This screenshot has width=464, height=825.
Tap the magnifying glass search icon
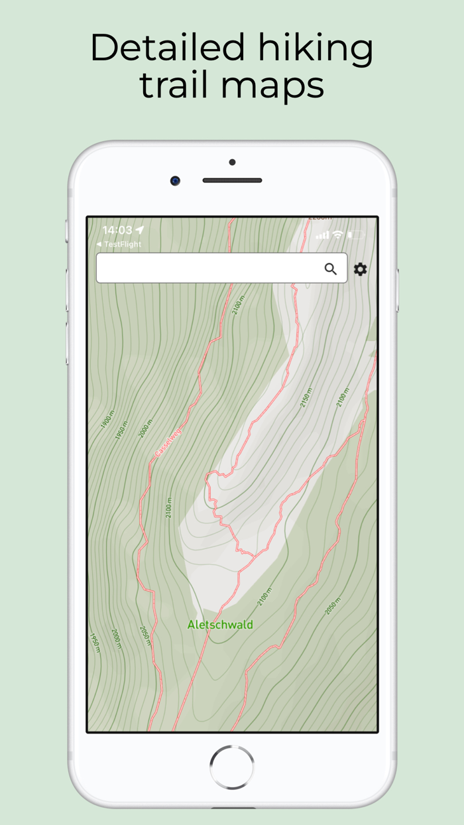click(x=330, y=269)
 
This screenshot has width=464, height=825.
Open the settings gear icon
click(x=360, y=269)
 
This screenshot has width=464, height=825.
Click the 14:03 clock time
click(x=117, y=230)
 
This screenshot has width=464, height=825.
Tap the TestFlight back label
click(x=119, y=244)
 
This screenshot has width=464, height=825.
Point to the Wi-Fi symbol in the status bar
click(x=338, y=235)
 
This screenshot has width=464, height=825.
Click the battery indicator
click(x=357, y=235)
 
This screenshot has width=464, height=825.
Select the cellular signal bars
click(x=322, y=235)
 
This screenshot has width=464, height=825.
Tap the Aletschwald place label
click(x=220, y=625)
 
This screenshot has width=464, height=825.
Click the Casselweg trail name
click(x=168, y=442)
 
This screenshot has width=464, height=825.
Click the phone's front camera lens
click(x=175, y=180)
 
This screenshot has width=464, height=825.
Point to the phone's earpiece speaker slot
click(x=232, y=180)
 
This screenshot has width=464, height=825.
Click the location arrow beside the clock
click(x=139, y=230)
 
